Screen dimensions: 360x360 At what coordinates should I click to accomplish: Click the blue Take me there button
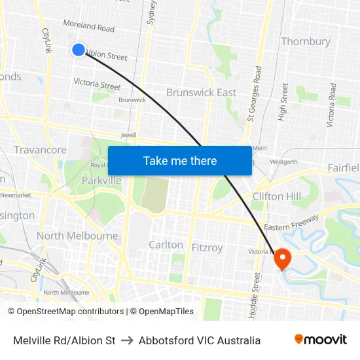(x=180, y=160)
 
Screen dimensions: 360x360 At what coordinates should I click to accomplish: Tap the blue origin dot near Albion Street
(x=79, y=50)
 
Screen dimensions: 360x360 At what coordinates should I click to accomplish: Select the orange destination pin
(x=283, y=259)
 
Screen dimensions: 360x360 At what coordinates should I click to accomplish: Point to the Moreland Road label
(x=88, y=26)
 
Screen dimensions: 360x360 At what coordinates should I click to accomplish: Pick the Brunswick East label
(x=201, y=92)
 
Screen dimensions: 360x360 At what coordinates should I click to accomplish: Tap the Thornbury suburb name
(x=306, y=41)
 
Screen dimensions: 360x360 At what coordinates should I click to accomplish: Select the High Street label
(x=284, y=101)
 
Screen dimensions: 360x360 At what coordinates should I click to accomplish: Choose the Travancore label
(x=40, y=150)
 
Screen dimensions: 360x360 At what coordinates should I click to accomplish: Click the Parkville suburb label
(x=101, y=180)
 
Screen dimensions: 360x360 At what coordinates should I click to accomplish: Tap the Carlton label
(x=166, y=244)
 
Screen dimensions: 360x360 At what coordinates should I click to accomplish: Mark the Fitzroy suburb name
(x=207, y=248)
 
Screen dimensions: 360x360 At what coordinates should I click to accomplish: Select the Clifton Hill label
(x=277, y=196)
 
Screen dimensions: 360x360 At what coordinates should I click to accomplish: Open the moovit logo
(x=320, y=340)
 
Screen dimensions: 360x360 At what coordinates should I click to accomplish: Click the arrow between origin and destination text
(x=127, y=340)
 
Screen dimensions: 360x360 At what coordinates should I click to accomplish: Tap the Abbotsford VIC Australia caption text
(x=200, y=340)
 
